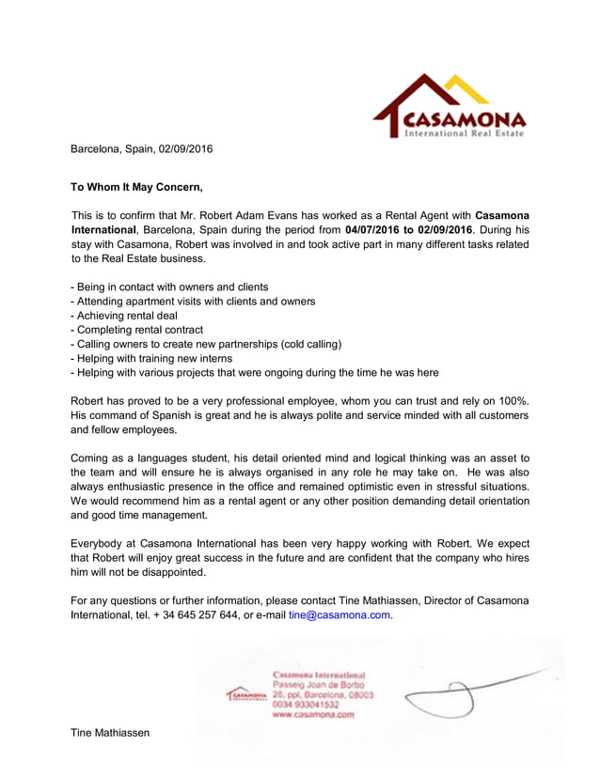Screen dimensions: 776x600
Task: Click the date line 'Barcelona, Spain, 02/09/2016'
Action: coord(142,148)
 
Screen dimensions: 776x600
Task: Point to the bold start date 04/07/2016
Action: coord(379,229)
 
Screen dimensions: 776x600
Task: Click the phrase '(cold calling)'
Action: coord(308,344)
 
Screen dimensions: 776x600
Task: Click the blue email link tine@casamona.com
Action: coord(339,615)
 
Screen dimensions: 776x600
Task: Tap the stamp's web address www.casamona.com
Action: coord(313,715)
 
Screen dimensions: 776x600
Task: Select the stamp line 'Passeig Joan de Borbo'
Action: coord(319,685)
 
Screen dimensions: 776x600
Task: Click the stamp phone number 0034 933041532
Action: coord(306,705)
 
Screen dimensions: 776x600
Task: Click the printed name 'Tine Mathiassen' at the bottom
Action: coord(111,732)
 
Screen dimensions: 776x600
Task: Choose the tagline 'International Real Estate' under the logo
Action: coord(464,134)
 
